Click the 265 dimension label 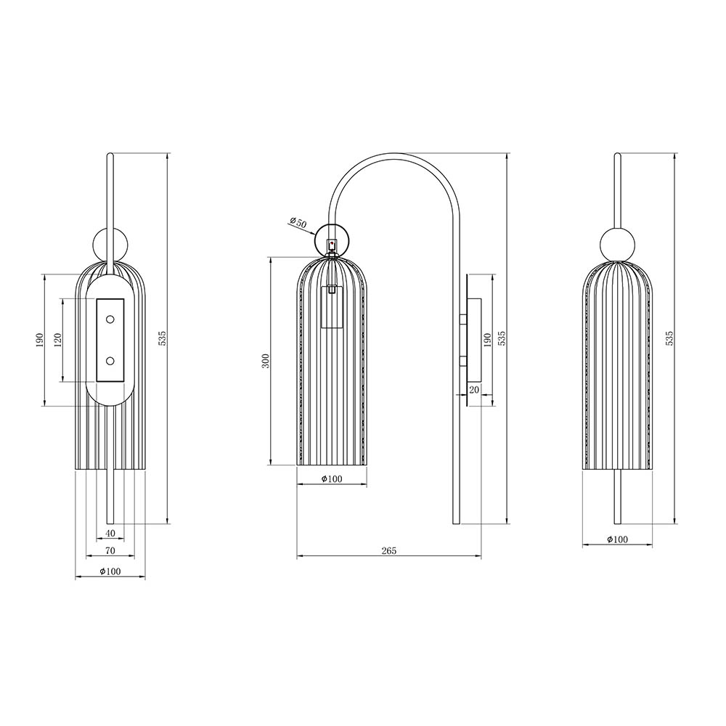389,550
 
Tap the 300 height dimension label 265,361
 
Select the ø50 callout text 298,222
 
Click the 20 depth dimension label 473,390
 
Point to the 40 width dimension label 110,534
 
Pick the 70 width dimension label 110,550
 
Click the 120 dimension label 58,340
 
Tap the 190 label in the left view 39,340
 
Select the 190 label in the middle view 486,340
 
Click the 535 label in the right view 669,338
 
